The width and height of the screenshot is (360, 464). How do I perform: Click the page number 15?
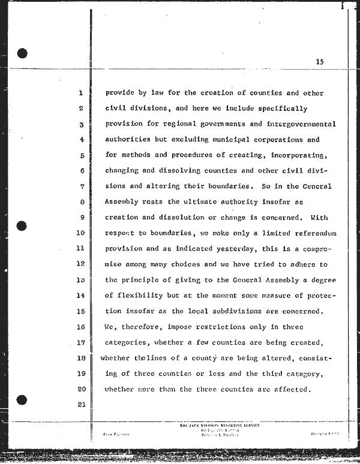click(x=319, y=62)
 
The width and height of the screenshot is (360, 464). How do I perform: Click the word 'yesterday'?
click(x=240, y=248)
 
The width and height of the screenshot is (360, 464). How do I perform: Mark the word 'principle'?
click(x=140, y=279)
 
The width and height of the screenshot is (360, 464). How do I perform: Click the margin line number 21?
click(x=80, y=405)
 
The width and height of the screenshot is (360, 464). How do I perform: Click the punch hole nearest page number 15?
click(x=23, y=53)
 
